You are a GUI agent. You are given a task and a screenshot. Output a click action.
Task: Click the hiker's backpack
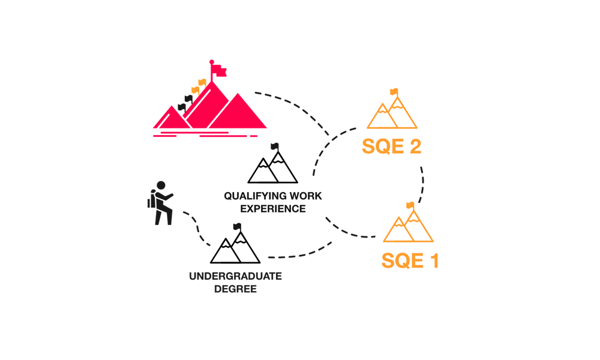pos(151,200)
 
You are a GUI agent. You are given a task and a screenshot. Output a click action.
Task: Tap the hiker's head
pos(161,185)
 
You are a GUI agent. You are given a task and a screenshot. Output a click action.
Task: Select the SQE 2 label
pos(391,146)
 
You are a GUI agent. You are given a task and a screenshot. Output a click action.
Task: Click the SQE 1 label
pos(410,260)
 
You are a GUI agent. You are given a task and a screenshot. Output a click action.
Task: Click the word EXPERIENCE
pos(273,209)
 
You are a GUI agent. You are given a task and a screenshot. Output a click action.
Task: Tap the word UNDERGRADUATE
pos(235,276)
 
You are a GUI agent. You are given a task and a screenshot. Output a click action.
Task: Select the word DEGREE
pos(235,289)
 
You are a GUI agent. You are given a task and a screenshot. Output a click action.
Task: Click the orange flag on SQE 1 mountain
pos(410,206)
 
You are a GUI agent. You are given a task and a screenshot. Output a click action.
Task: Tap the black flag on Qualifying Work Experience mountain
pos(275,147)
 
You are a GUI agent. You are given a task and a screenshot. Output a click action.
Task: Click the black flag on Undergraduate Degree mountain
pos(237,227)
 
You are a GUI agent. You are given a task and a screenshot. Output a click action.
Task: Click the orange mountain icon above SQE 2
pos(392,112)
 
